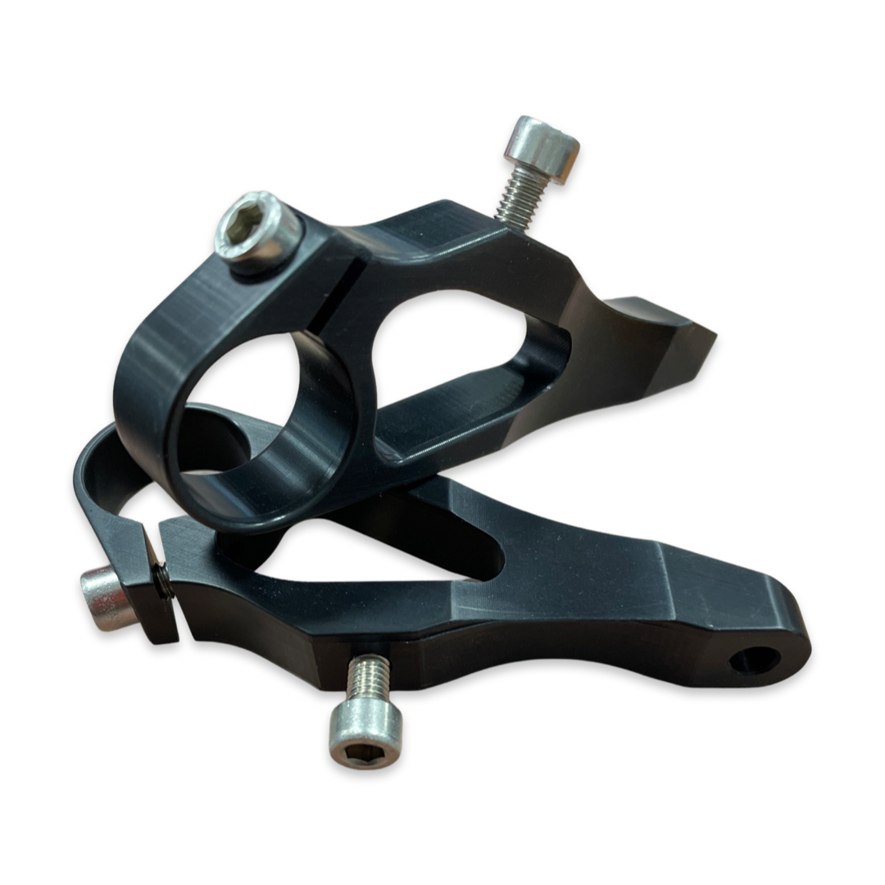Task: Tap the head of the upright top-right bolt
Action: (x=542, y=147)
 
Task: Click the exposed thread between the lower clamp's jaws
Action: (x=164, y=580)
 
